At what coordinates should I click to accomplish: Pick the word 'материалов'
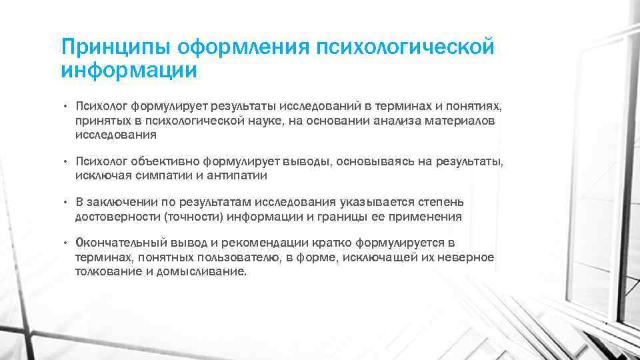coord(461,120)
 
